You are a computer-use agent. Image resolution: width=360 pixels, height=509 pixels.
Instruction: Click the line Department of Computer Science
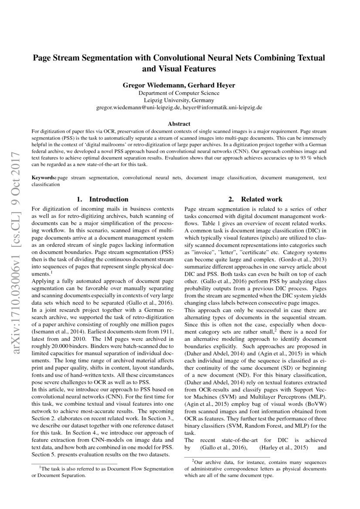[179, 93]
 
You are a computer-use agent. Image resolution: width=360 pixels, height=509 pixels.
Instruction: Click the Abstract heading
[179, 124]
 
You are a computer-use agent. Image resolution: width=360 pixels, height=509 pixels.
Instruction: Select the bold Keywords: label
[44, 178]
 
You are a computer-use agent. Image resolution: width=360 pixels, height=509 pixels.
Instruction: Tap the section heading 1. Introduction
[102, 199]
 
